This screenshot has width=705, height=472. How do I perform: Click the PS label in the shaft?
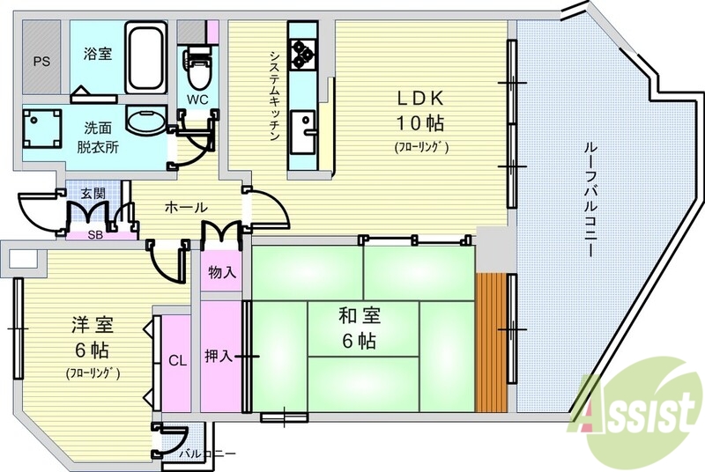(41, 62)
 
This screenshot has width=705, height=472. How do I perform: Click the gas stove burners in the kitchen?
(305, 52)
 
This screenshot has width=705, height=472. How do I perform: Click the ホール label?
(186, 208)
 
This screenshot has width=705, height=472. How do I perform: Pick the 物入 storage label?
(221, 273)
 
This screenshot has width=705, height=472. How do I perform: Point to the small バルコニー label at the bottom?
(207, 454)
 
